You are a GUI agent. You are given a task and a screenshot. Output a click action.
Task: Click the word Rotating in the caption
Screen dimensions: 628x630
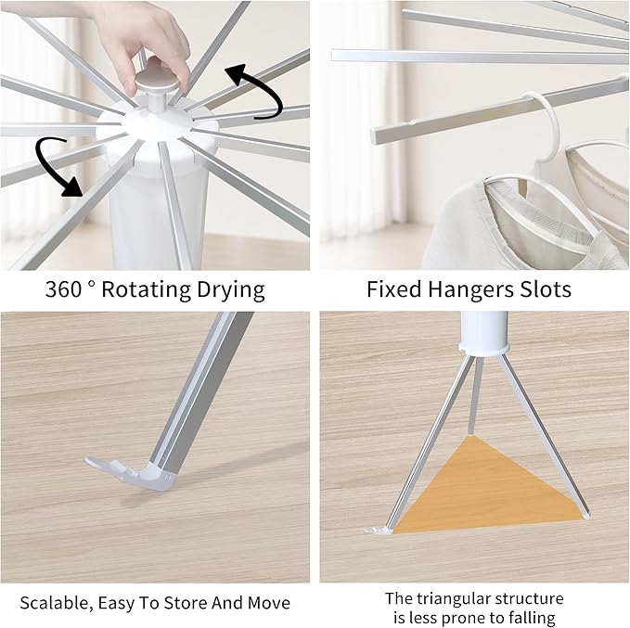click(x=146, y=289)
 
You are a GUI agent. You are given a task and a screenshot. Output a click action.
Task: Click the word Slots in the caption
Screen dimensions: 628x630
click(x=542, y=289)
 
